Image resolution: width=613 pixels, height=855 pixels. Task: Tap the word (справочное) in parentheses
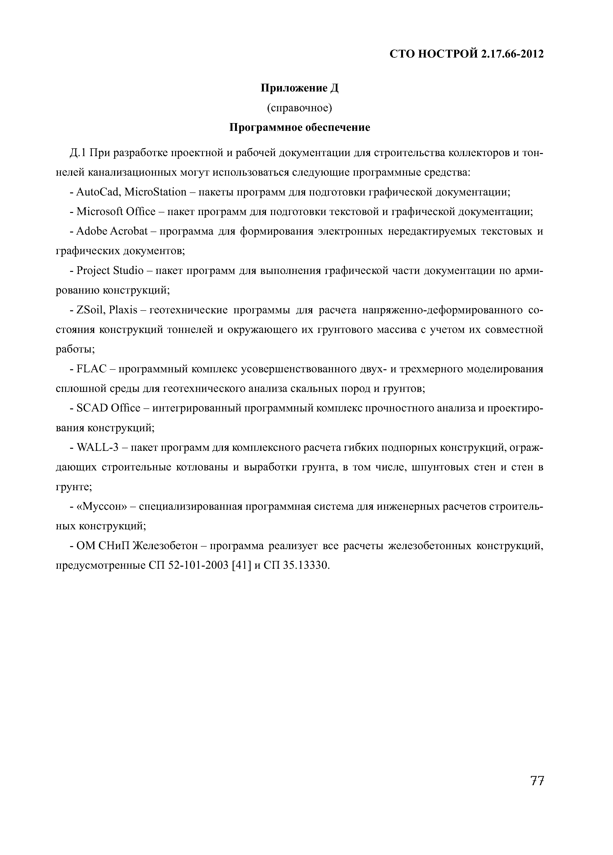click(x=299, y=108)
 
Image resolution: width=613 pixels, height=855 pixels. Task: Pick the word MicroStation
click(x=155, y=192)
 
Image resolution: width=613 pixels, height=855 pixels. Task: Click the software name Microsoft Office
click(x=116, y=212)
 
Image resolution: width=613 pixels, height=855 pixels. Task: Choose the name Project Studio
click(x=110, y=271)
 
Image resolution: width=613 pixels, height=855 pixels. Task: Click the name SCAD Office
click(x=108, y=408)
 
